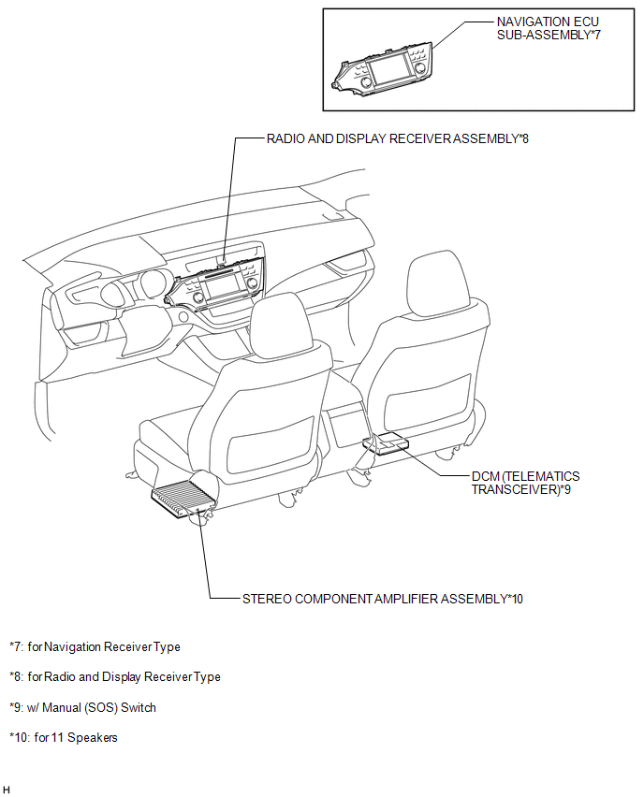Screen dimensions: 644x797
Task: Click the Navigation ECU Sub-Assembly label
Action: point(549,28)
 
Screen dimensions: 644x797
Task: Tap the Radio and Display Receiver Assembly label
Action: point(397,138)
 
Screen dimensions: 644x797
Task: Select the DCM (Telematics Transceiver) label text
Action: point(525,483)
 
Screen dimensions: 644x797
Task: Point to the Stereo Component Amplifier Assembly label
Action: point(383,599)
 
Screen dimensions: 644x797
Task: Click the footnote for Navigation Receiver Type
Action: point(95,647)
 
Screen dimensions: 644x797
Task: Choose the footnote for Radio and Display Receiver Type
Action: point(115,677)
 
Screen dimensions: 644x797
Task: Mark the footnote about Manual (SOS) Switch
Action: point(83,707)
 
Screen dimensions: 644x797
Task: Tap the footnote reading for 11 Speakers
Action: point(64,737)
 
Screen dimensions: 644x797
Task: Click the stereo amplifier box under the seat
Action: point(183,500)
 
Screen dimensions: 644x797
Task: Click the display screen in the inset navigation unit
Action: point(389,70)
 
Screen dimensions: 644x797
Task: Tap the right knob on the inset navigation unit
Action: point(420,68)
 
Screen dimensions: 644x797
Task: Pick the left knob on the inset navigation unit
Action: point(366,84)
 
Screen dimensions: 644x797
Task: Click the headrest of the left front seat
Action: point(281,325)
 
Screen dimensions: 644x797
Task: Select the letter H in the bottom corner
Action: point(7,789)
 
